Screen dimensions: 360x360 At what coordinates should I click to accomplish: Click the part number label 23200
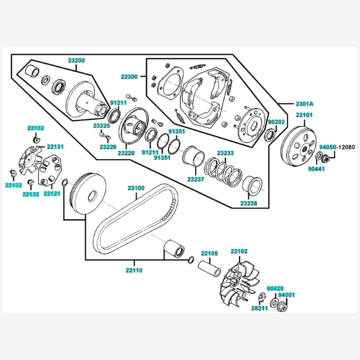[x=76, y=61]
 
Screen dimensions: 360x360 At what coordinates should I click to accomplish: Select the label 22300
[x=129, y=77]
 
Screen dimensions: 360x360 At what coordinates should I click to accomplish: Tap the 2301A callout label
[x=304, y=104]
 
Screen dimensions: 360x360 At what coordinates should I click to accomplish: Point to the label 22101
[x=304, y=115]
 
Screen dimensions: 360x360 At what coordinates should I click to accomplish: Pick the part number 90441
[x=316, y=170]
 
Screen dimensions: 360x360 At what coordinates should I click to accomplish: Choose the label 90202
[x=276, y=122]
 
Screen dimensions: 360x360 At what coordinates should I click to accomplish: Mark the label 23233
[x=225, y=154]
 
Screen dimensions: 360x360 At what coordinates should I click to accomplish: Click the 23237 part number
[x=196, y=179]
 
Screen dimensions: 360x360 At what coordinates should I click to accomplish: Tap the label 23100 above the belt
[x=136, y=188]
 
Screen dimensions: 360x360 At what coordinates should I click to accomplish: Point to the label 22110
[x=134, y=271]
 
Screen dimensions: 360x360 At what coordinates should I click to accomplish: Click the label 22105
[x=209, y=253]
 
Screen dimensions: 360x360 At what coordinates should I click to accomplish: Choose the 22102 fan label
[x=239, y=251]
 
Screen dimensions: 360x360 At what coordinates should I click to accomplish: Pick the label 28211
[x=259, y=308]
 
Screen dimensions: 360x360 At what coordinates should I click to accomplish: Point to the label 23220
[x=126, y=153]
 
